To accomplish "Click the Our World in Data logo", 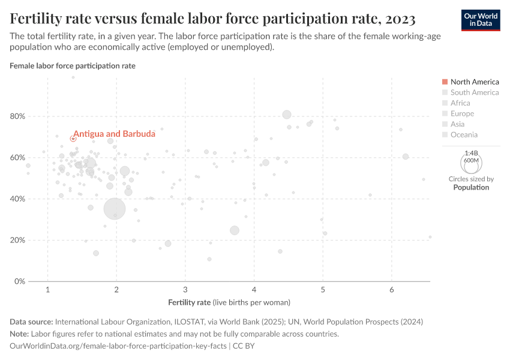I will (480, 19).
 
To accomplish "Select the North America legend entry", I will (474, 82).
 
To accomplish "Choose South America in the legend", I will (474, 92).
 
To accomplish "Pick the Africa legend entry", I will (460, 103).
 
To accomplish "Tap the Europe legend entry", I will (462, 113).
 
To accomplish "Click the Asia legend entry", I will (458, 124).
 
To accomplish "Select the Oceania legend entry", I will (464, 135).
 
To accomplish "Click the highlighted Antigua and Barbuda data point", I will (73, 139).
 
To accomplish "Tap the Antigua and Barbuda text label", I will (106, 134).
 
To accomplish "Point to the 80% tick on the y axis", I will (17, 116).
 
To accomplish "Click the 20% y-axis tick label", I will (17, 240).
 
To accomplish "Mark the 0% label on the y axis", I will (20, 281).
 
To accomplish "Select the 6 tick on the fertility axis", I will (392, 290).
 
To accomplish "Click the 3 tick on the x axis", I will (185, 290).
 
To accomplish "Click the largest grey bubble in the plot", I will (115, 209).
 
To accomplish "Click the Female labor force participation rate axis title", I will (73, 66).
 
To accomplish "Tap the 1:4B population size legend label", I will (471, 154).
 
